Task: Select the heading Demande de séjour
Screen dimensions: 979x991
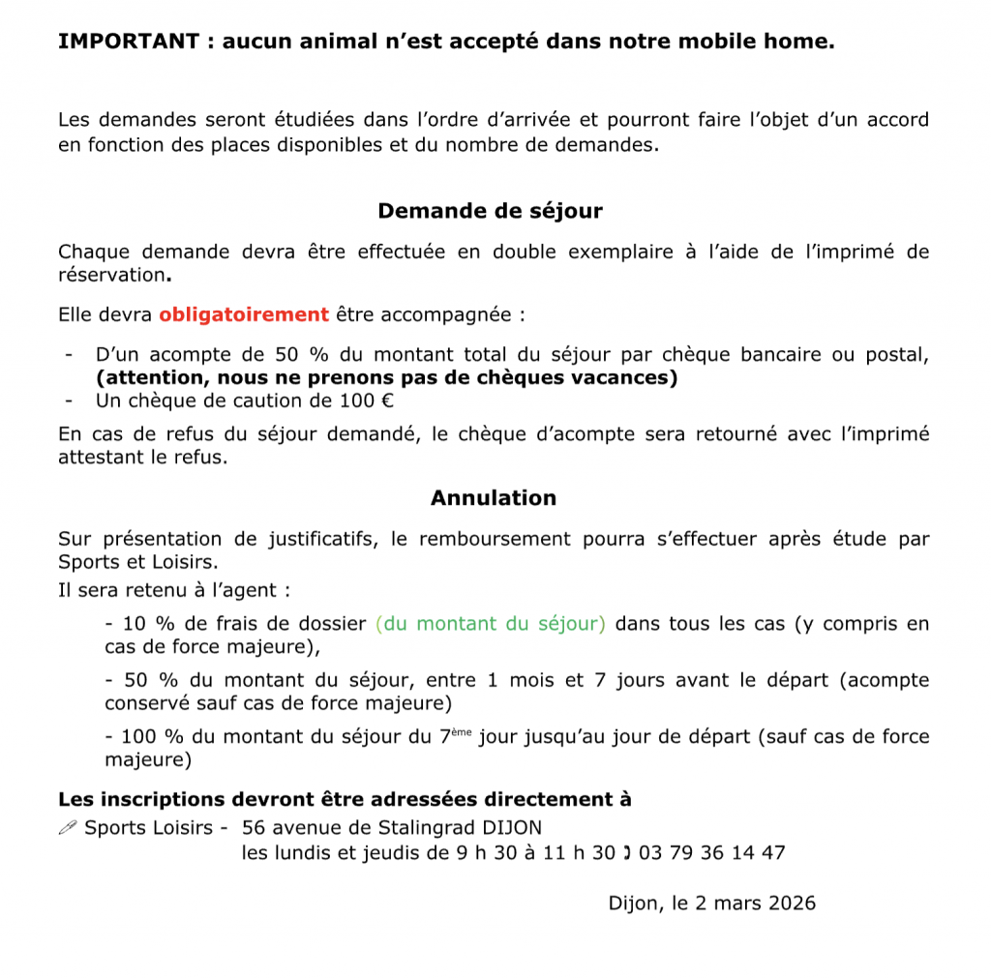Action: point(490,211)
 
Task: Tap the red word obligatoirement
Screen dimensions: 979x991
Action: point(244,314)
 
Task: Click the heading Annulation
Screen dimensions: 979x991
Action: point(494,498)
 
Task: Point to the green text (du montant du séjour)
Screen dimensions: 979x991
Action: point(491,624)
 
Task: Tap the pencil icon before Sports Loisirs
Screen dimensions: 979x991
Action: point(67,828)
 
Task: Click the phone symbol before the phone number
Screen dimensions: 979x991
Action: point(627,853)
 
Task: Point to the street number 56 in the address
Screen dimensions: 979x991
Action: point(254,828)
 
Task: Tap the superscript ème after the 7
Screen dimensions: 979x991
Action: point(462,732)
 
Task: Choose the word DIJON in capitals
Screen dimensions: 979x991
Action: point(510,828)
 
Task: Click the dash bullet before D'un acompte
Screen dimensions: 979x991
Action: point(69,355)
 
